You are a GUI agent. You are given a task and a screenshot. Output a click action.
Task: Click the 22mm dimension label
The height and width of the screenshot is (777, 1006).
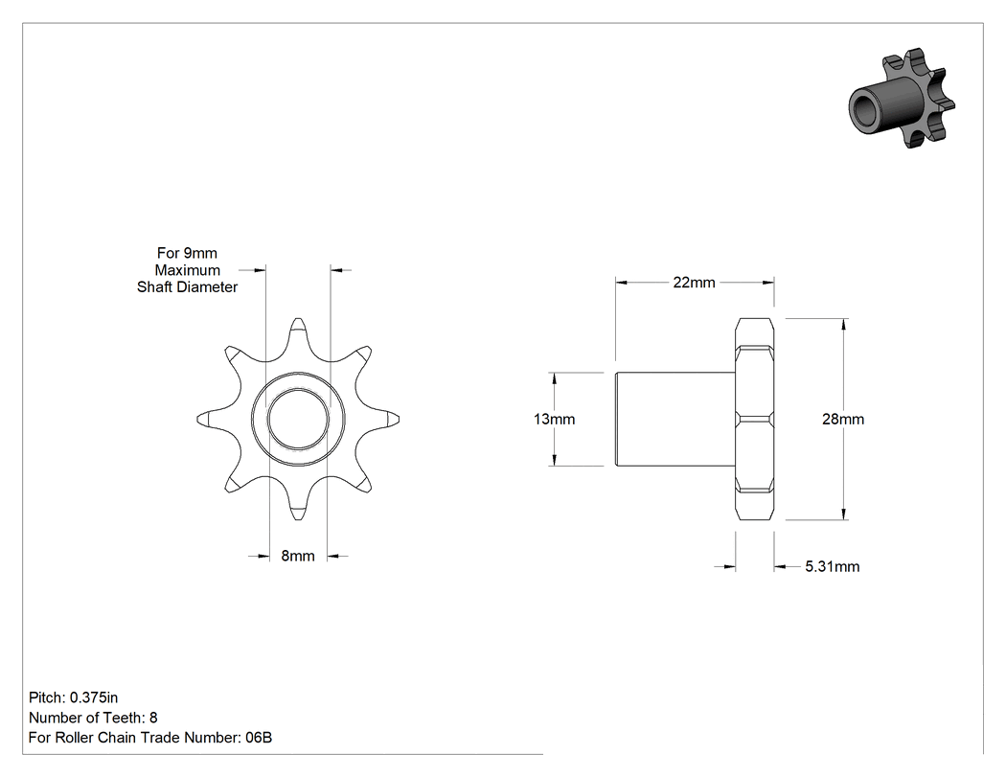(x=694, y=283)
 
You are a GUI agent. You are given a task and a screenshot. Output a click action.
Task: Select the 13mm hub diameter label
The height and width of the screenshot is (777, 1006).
(x=555, y=419)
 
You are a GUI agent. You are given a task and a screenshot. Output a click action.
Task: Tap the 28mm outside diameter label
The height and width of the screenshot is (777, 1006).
(x=843, y=419)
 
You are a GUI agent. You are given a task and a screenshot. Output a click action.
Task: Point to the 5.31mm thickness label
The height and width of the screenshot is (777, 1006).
(x=833, y=566)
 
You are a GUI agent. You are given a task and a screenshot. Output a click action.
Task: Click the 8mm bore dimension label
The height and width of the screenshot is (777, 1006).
(x=298, y=556)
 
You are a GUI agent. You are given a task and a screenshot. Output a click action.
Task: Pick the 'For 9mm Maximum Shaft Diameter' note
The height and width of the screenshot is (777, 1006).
(x=188, y=270)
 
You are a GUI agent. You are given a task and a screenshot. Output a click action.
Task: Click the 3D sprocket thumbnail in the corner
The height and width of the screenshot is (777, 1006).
(x=902, y=98)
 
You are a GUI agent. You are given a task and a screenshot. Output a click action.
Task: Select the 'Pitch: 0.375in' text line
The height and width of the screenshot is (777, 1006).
(x=73, y=697)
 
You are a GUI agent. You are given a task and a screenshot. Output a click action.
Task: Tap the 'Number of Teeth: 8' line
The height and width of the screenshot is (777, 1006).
(x=93, y=718)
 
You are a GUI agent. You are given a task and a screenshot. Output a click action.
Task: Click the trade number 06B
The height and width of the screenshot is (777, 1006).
(x=259, y=738)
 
